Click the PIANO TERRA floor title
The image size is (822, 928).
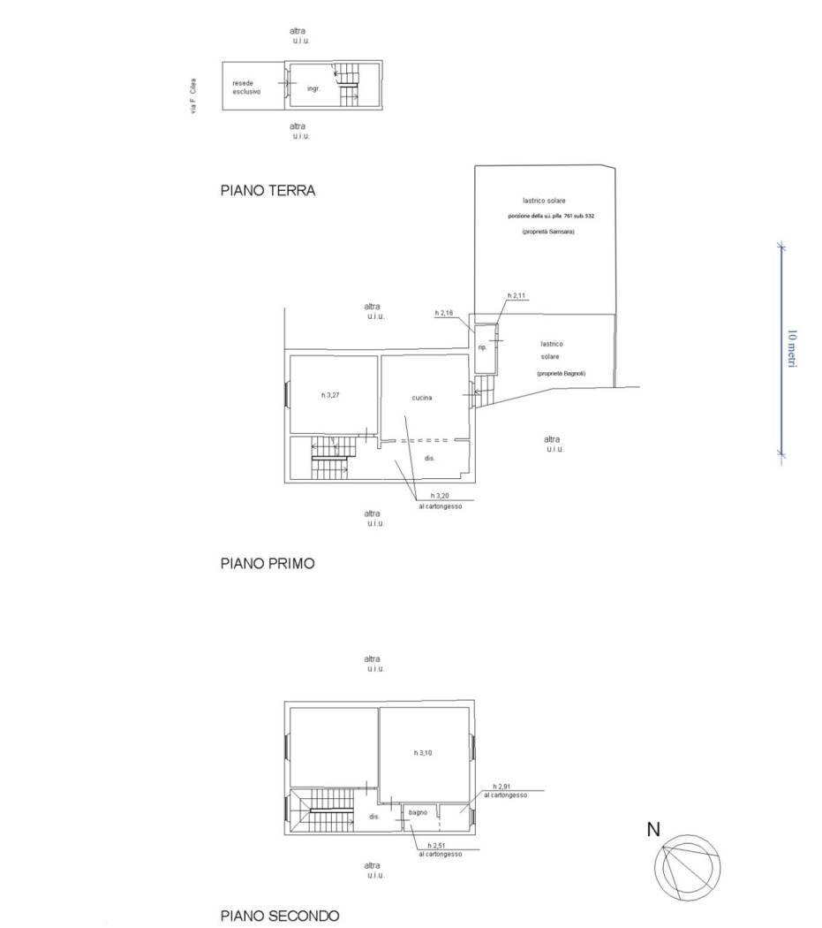(x=267, y=190)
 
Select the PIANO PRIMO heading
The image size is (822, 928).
(x=267, y=563)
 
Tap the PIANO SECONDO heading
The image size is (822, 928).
(x=279, y=917)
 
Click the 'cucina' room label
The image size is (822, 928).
(x=422, y=398)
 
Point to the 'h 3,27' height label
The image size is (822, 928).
(x=330, y=395)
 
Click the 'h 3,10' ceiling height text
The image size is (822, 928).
(x=423, y=753)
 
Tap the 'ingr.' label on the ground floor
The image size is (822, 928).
(x=313, y=89)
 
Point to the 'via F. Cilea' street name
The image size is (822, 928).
(x=193, y=95)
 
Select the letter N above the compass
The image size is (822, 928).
(x=653, y=829)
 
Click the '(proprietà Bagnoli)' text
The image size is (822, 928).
(x=561, y=374)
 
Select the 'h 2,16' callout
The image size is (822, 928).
(x=445, y=313)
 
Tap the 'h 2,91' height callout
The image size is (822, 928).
(x=503, y=787)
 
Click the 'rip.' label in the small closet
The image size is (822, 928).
(x=482, y=347)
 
